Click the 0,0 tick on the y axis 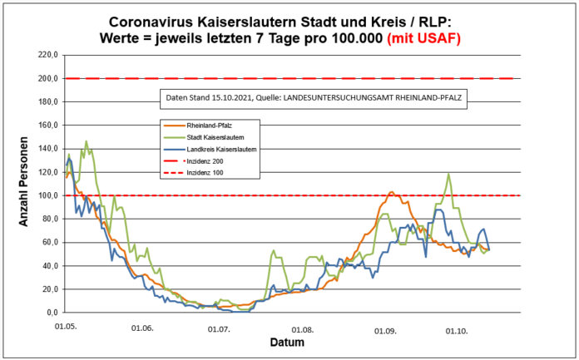[49, 313]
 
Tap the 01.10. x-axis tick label [457, 330]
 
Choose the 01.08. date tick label [303, 330]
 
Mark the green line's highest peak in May [86, 141]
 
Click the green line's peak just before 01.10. [448, 174]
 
